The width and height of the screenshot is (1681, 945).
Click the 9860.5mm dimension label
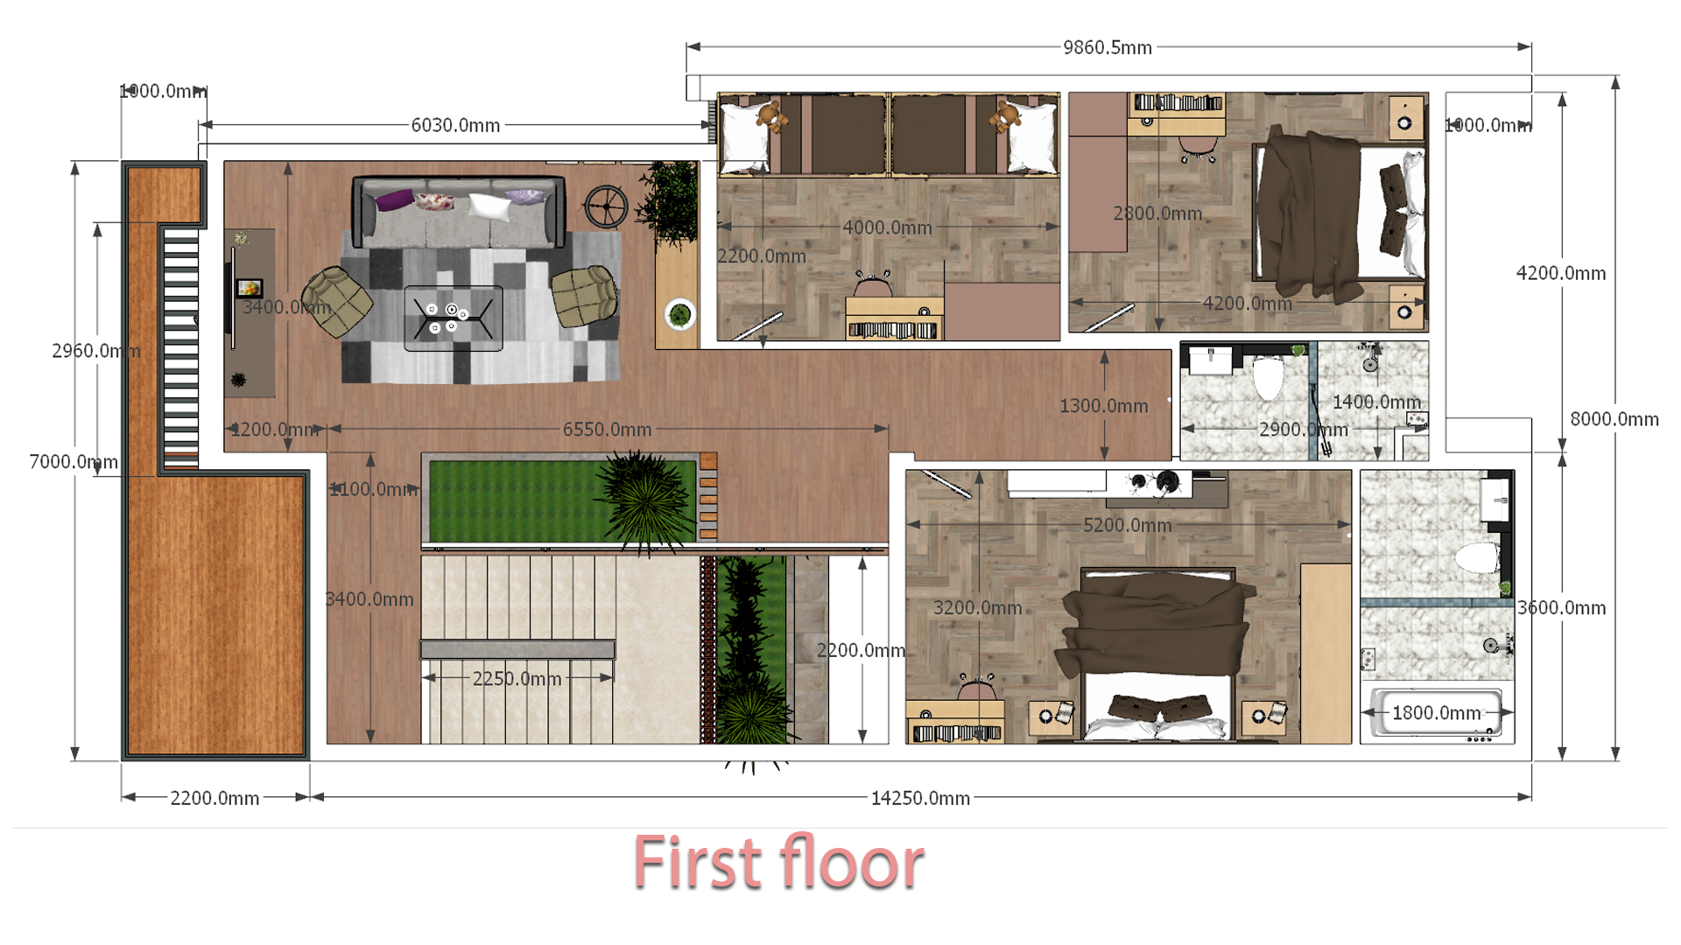tap(1107, 47)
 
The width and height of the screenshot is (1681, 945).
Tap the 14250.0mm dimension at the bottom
tap(920, 798)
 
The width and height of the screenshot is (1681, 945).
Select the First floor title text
tap(778, 863)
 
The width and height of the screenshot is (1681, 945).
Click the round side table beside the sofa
tap(605, 206)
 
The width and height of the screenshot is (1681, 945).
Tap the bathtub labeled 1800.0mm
tap(1437, 713)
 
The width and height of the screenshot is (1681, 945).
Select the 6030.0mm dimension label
tap(455, 125)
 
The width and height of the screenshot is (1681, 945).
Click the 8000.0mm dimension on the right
tap(1614, 419)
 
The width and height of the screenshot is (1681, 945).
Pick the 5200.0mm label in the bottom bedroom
tap(1127, 525)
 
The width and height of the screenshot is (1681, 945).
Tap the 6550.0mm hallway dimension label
tap(607, 430)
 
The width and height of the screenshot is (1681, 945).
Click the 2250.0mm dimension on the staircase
tap(517, 679)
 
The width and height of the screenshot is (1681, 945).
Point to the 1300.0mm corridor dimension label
tap(1103, 406)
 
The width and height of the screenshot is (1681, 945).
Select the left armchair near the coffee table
tap(336, 302)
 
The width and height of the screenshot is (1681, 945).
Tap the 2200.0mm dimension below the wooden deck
tap(215, 798)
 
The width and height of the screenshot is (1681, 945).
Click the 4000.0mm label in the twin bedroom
tap(887, 227)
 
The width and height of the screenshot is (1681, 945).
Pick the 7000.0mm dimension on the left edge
tap(74, 461)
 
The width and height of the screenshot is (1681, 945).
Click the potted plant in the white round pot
tap(679, 313)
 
